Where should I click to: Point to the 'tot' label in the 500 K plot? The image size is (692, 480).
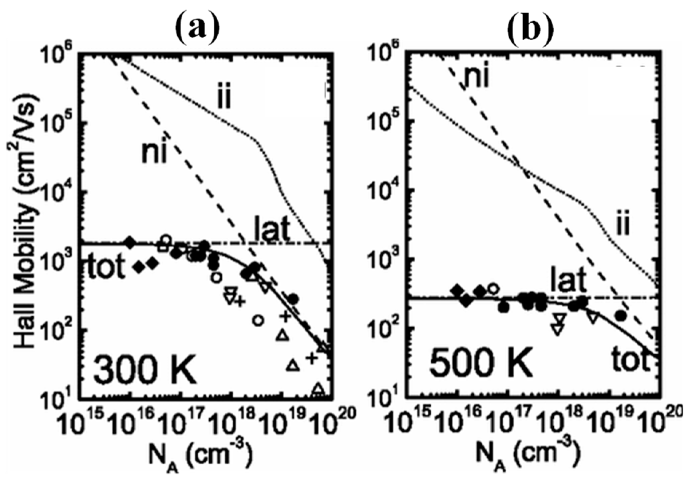point(630,361)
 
